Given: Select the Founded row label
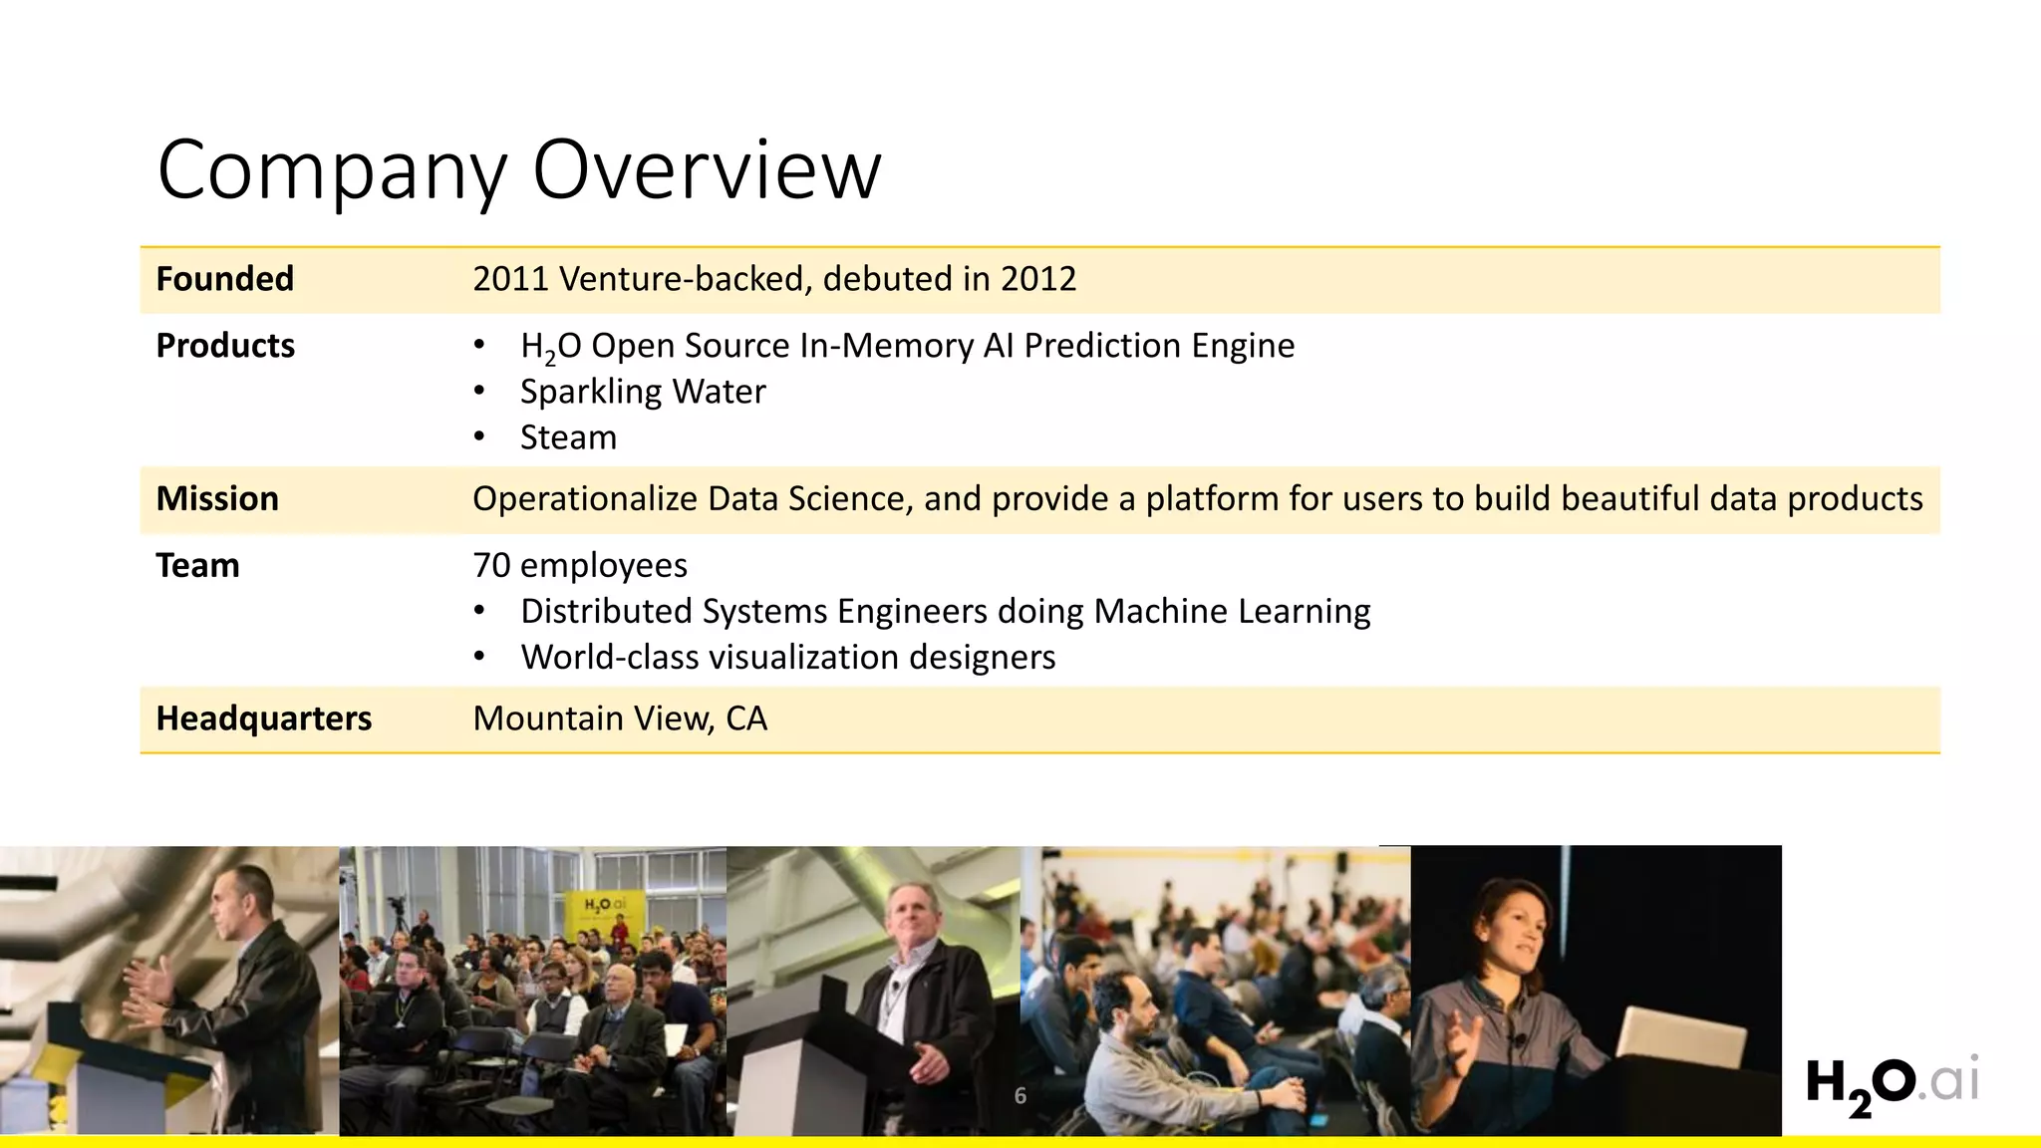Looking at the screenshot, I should click(x=224, y=279).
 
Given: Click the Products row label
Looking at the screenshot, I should click(x=225, y=346).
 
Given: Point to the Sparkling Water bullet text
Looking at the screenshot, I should click(x=643, y=392).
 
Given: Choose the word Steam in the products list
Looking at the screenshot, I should click(x=568, y=437).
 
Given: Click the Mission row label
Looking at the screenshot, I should click(x=217, y=498).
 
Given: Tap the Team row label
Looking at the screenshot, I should click(x=197, y=565).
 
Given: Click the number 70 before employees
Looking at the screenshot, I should click(x=491, y=565).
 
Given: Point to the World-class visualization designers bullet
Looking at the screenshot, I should click(x=787, y=657).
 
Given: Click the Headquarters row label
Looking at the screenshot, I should click(x=263, y=718).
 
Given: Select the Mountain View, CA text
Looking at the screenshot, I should click(x=620, y=718).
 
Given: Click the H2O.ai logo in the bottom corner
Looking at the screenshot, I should click(x=1891, y=1083).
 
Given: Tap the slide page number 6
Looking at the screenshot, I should click(x=1020, y=1096).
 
